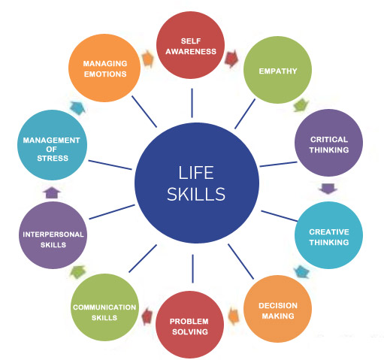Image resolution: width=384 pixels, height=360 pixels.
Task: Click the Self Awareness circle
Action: [x=190, y=45]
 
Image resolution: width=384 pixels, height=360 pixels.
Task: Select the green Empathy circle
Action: [x=277, y=70]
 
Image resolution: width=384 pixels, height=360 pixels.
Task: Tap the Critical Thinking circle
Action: [x=328, y=143]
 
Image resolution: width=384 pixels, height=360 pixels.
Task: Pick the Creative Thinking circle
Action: [x=328, y=235]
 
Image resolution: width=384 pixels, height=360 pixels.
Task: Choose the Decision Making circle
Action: [x=277, y=309]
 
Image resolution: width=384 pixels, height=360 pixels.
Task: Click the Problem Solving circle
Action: [x=189, y=325]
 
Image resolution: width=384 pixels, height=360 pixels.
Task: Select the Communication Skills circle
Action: [x=104, y=307]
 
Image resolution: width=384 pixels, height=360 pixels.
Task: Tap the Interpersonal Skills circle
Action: [x=53, y=235]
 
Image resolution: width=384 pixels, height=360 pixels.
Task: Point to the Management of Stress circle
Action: [x=52, y=145]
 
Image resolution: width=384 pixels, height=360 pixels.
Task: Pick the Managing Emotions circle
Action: [x=104, y=68]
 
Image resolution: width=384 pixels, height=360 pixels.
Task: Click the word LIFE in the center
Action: [x=196, y=173]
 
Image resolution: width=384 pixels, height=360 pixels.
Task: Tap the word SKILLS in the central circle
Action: [x=196, y=195]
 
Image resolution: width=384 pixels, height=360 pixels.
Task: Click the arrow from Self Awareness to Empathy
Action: [x=231, y=59]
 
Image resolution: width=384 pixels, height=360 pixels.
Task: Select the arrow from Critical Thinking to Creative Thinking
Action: [x=328, y=189]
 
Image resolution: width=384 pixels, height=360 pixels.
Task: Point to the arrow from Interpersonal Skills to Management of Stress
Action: [x=52, y=192]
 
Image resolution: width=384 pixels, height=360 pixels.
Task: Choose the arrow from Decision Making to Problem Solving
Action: [x=234, y=316]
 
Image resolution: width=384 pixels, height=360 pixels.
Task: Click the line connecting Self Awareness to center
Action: [x=192, y=103]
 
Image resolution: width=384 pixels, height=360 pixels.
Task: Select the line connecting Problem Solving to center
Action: [x=192, y=269]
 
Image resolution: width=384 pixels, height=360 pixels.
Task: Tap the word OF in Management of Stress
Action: [x=51, y=150]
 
